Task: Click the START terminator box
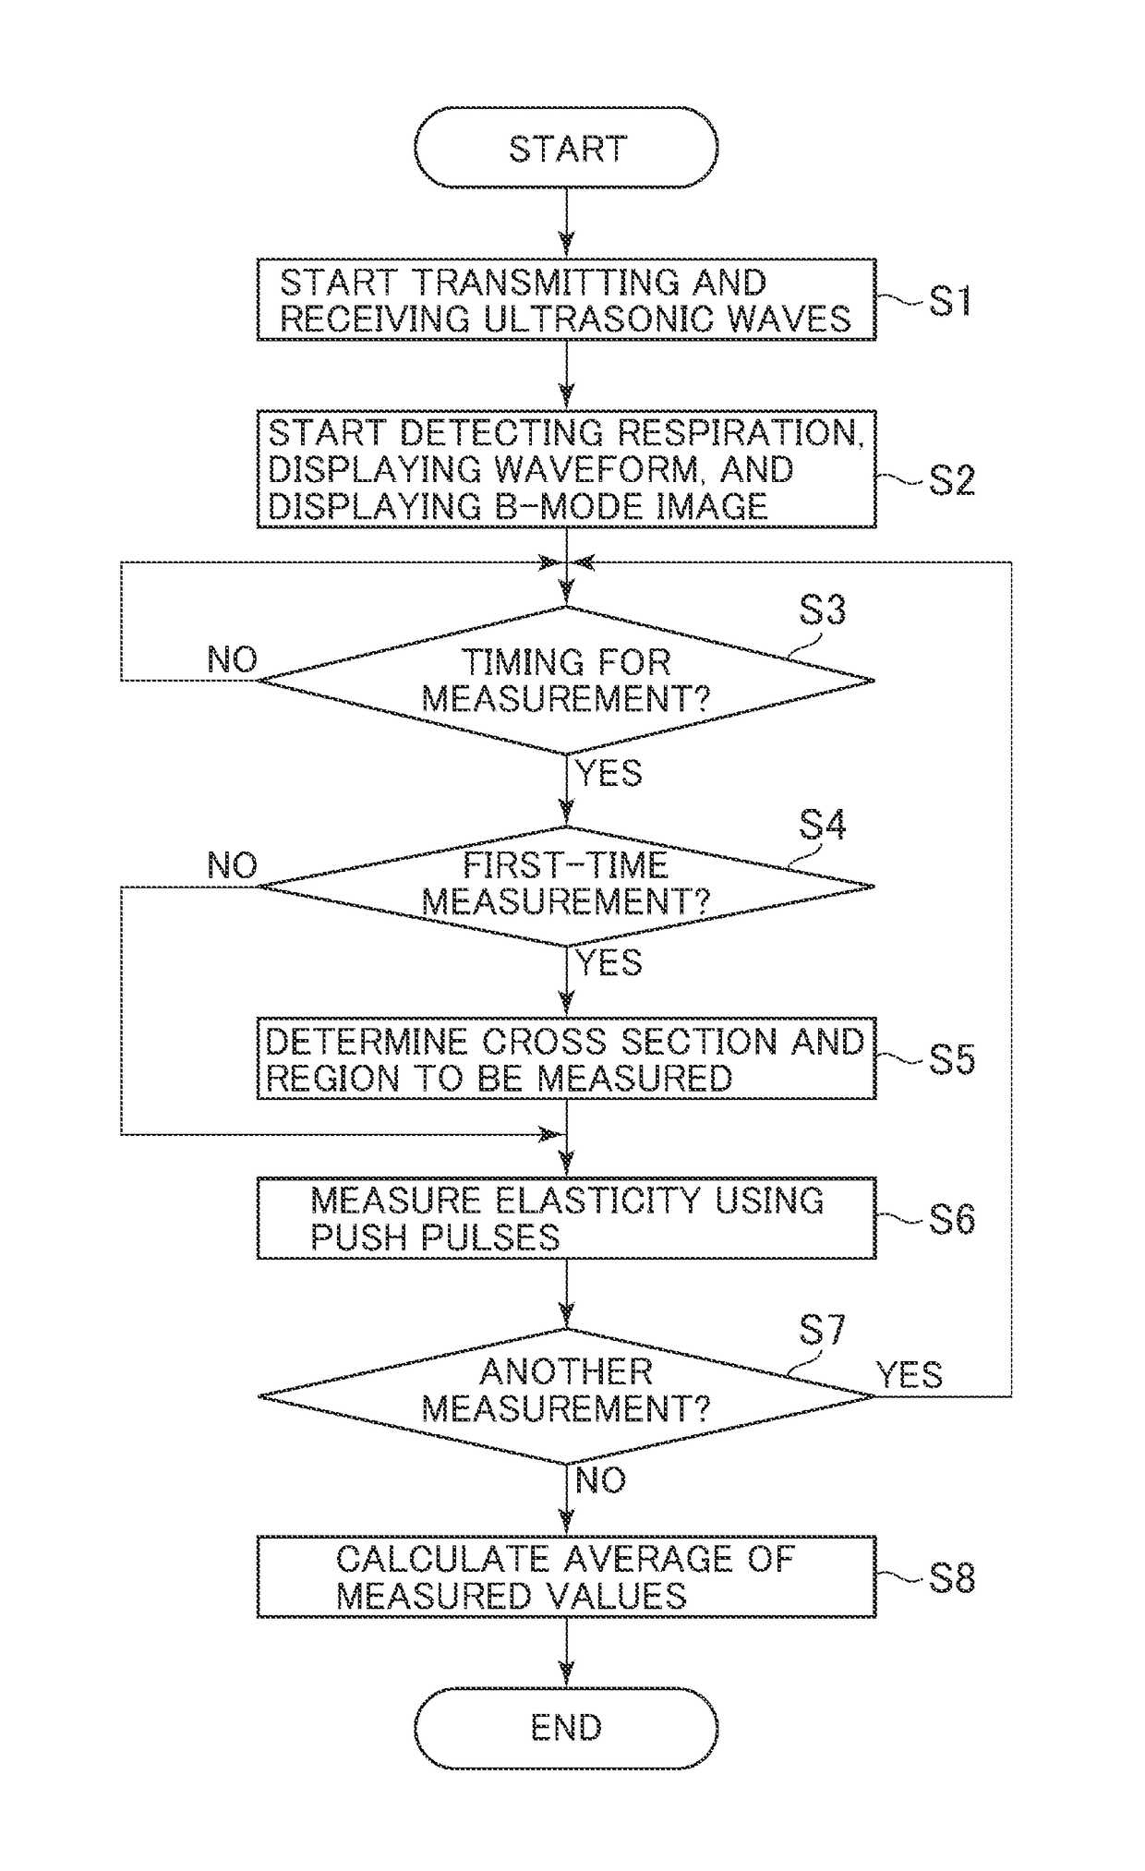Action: click(x=566, y=148)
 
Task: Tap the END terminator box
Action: click(x=566, y=1728)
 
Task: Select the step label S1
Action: click(x=949, y=300)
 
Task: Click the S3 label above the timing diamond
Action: click(x=822, y=610)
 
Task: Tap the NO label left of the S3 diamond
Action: click(x=233, y=659)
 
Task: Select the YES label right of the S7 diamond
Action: click(x=910, y=1375)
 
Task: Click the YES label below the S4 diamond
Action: click(x=609, y=963)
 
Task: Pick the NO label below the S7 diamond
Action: click(x=601, y=1480)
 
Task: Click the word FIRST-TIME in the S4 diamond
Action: click(x=565, y=865)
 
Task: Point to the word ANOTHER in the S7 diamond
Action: click(x=566, y=1371)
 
